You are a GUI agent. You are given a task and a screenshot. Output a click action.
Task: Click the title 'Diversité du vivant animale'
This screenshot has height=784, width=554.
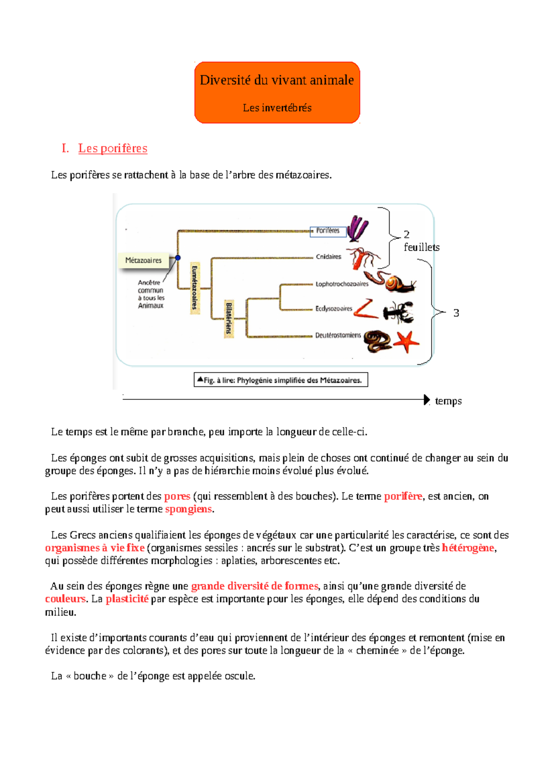[x=277, y=80]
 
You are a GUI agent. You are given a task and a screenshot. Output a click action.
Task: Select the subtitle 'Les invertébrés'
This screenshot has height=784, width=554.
[x=277, y=108]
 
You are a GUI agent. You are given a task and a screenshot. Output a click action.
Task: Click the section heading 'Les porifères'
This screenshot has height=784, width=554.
[x=113, y=148]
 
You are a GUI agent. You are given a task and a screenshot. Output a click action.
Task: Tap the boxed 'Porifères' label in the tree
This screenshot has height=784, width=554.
[x=328, y=230]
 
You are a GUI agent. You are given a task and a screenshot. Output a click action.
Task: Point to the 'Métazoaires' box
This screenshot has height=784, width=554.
[x=143, y=260]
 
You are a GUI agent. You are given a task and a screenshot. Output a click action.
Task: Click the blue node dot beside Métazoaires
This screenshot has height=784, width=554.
[x=178, y=258]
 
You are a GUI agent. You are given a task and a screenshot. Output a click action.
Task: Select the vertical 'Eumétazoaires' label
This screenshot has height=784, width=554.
[x=195, y=288]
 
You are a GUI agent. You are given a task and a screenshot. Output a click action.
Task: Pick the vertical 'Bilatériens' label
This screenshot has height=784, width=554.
[x=229, y=318]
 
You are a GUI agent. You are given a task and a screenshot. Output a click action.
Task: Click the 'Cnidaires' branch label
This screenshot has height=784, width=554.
[x=328, y=257]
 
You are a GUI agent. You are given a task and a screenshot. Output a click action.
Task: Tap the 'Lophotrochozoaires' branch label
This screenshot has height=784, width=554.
[x=342, y=284]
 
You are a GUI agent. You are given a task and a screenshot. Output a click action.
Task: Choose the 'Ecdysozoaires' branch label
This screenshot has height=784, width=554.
[x=333, y=308]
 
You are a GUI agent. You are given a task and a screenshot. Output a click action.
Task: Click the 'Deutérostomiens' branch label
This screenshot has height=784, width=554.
[x=337, y=335]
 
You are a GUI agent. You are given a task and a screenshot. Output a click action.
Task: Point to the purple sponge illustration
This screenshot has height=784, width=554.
[x=357, y=228]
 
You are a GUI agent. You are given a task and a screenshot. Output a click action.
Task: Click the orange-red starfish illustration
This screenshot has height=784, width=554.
[x=406, y=342]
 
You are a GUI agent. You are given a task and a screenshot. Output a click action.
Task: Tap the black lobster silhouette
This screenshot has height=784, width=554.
[x=398, y=312]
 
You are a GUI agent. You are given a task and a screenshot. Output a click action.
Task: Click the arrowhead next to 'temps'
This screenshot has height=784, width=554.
[x=427, y=400]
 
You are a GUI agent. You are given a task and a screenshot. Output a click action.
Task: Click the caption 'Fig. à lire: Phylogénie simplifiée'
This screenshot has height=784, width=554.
[x=281, y=380]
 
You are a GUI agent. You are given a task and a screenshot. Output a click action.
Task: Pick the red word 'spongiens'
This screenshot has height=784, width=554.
[x=188, y=509]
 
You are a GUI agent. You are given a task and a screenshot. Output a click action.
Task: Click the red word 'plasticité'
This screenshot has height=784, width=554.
[x=127, y=599]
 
